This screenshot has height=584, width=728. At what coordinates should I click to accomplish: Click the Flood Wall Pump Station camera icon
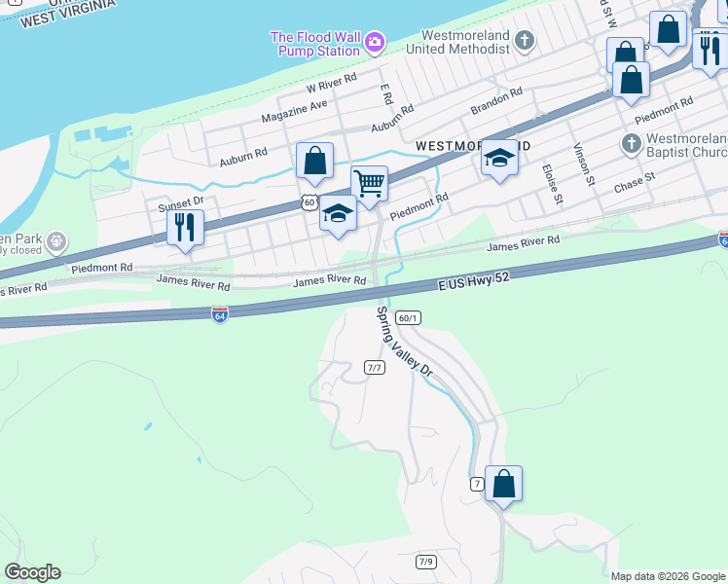(375, 43)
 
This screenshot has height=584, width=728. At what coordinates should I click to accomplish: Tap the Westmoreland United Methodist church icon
(525, 41)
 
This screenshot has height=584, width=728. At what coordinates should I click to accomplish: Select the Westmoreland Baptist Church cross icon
(631, 144)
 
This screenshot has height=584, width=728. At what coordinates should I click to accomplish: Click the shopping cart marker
(369, 183)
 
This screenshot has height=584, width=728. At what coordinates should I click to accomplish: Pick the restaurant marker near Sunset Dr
(183, 228)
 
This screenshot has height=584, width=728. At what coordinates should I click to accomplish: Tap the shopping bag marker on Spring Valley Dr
(503, 483)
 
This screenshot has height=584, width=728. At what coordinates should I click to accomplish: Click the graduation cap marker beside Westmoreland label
(499, 158)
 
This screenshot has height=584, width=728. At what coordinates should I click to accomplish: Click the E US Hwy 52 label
(473, 280)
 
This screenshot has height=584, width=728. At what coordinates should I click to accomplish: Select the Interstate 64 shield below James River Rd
(220, 315)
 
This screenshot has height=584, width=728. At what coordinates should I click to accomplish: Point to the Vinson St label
(583, 164)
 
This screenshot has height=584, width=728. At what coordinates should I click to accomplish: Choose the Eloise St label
(552, 184)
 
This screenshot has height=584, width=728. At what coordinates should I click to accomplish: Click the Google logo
(32, 572)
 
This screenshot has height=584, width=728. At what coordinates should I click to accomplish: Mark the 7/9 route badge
(425, 562)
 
